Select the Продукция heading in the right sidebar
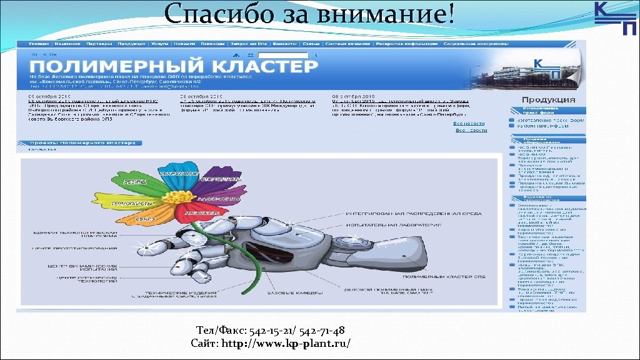pyautogui.click(x=548, y=99)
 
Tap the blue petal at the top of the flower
pyautogui.click(x=176, y=172)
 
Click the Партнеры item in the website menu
pyautogui.click(x=99, y=44)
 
